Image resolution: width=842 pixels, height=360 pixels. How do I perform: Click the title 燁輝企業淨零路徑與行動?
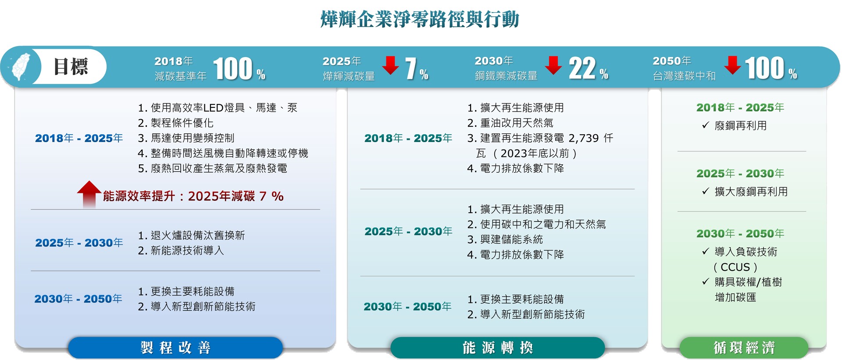[420, 19]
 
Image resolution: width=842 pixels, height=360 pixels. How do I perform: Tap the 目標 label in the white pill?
[71, 67]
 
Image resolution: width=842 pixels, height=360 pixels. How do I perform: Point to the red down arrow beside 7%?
[390, 65]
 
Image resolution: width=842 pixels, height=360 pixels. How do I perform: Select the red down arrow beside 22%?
[553, 65]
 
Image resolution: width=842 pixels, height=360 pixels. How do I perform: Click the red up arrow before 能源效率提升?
[89, 194]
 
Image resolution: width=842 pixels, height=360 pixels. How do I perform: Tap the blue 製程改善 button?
[175, 348]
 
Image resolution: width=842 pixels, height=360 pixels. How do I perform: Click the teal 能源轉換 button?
[498, 348]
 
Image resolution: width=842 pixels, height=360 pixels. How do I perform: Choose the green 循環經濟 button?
[744, 348]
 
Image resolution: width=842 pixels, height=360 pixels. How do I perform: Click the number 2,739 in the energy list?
[584, 138]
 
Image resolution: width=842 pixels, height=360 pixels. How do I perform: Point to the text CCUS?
[735, 267]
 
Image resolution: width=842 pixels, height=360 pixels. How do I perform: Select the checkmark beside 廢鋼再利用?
[705, 125]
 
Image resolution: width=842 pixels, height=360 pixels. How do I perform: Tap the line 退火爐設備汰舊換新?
[191, 235]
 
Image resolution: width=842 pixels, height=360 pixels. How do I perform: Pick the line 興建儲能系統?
[505, 239]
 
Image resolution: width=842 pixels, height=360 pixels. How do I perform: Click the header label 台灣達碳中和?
[684, 76]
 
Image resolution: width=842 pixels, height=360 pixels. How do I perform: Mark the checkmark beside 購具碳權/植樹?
[705, 282]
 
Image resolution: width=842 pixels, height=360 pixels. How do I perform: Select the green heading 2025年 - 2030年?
[740, 174]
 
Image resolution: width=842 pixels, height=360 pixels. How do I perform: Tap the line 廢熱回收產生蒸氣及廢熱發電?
[212, 168]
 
